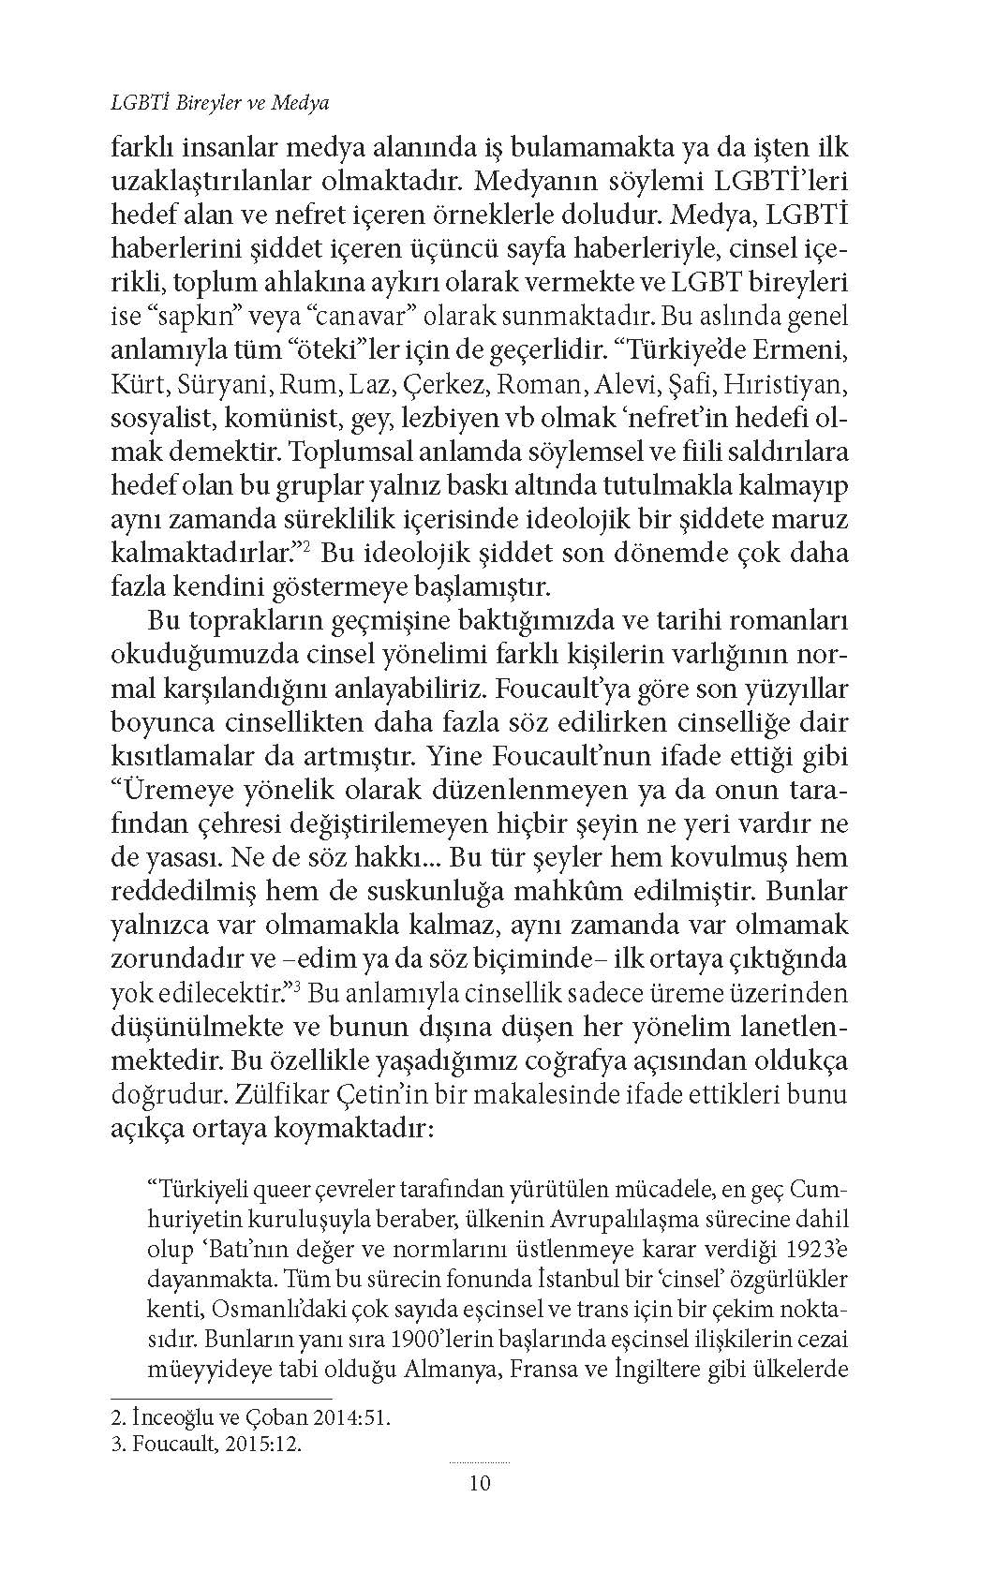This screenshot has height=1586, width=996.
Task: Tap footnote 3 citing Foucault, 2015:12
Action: point(208,1444)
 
